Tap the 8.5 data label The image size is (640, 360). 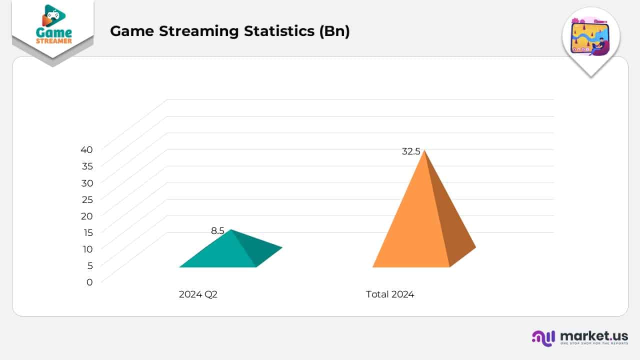(x=217, y=230)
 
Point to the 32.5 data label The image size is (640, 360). (x=411, y=151)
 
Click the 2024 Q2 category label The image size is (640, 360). (x=198, y=294)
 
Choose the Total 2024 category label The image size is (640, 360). (x=390, y=294)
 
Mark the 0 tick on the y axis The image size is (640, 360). (x=89, y=282)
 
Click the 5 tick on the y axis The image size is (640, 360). (x=89, y=265)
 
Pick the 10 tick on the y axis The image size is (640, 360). (x=87, y=249)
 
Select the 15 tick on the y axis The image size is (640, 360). (x=87, y=232)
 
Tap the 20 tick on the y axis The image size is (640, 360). (x=87, y=215)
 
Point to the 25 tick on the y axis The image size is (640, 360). (x=87, y=199)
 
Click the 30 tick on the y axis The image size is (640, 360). (x=87, y=182)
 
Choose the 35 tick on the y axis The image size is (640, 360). (x=87, y=166)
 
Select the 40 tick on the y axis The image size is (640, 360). (x=87, y=149)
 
